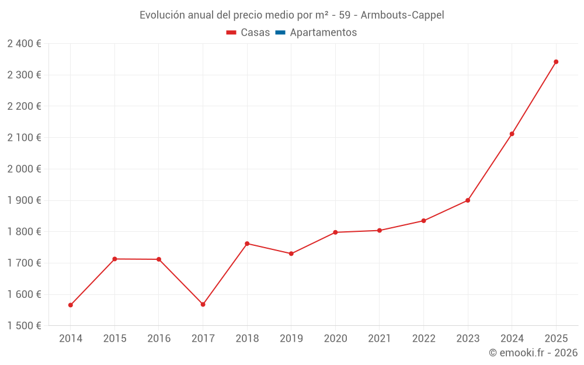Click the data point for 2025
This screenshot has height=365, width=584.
click(x=556, y=62)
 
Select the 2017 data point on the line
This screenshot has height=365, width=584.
click(x=203, y=304)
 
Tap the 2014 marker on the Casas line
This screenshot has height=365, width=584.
click(x=71, y=305)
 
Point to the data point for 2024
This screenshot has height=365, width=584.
click(x=512, y=134)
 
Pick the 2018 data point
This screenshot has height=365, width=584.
click(x=247, y=244)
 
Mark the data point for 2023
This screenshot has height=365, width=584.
click(x=468, y=200)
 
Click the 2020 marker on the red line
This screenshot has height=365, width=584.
click(x=335, y=232)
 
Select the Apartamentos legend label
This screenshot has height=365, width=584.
click(x=323, y=33)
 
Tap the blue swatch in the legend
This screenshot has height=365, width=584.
click(x=280, y=33)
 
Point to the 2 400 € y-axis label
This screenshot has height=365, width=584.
click(x=24, y=44)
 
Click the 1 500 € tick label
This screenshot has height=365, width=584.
click(x=24, y=326)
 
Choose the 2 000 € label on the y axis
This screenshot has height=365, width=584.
click(x=24, y=169)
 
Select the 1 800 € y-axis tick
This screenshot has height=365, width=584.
click(x=24, y=232)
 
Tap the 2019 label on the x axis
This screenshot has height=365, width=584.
click(x=291, y=339)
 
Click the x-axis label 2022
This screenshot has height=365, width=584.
click(x=423, y=339)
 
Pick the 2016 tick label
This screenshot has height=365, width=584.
click(x=159, y=339)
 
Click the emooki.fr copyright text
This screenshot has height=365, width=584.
click(x=533, y=353)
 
